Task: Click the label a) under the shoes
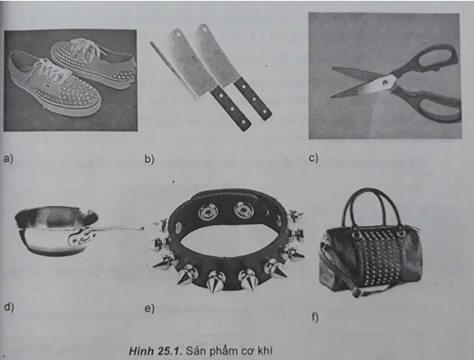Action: pyautogui.click(x=9, y=158)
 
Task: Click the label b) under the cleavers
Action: pyautogui.click(x=148, y=159)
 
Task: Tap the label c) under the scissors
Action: pyautogui.click(x=313, y=157)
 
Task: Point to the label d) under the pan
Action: pyautogui.click(x=9, y=306)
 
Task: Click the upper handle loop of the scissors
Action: pyautogui.click(x=434, y=59)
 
